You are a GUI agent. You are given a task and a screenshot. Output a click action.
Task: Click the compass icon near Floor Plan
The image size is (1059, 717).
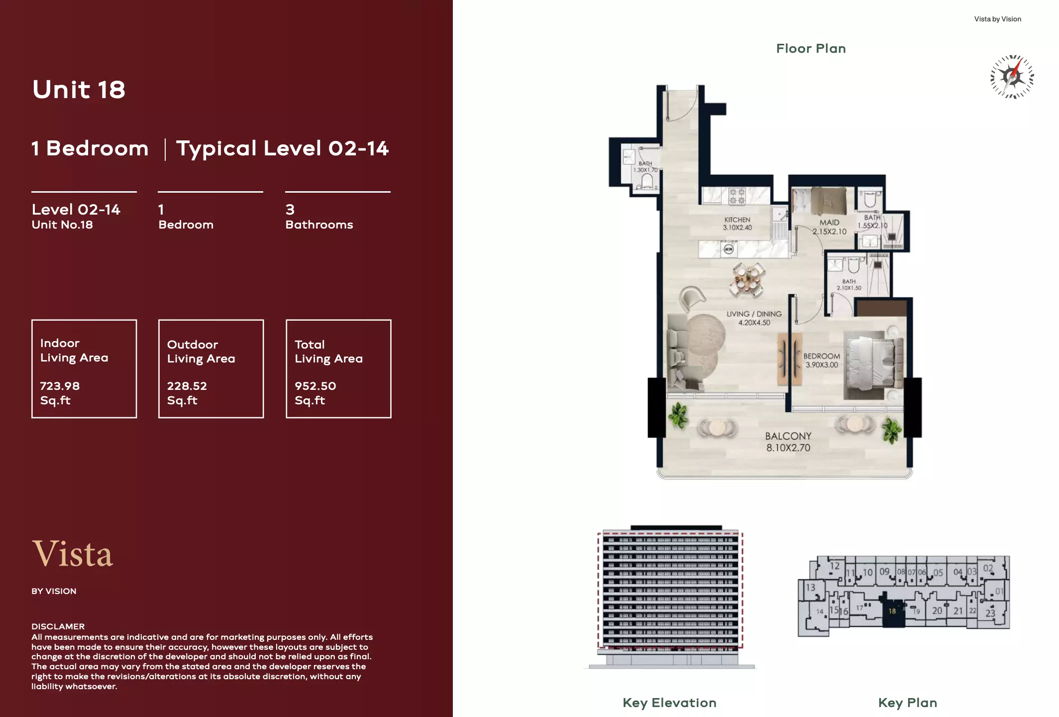click(x=1012, y=77)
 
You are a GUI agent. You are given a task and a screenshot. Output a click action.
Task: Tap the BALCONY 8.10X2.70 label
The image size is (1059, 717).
click(x=788, y=442)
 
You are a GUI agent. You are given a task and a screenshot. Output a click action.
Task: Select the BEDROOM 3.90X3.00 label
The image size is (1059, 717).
click(x=822, y=360)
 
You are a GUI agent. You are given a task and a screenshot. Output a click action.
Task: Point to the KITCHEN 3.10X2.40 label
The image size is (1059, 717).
click(x=737, y=224)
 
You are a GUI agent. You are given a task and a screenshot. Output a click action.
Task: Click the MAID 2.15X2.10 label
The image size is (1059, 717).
click(x=829, y=227)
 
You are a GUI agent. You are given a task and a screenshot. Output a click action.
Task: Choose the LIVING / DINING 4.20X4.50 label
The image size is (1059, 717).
click(x=754, y=318)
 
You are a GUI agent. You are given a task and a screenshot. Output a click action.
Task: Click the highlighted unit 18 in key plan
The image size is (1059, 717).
click(x=892, y=611)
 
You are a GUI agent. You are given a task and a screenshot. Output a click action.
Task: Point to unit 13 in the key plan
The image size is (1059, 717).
click(x=811, y=588)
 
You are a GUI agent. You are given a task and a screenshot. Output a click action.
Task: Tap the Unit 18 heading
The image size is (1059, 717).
click(x=79, y=90)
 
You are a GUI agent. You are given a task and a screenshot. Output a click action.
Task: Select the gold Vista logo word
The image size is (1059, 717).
click(x=73, y=554)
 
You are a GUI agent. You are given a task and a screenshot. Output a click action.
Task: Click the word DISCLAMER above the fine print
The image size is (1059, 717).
click(x=58, y=626)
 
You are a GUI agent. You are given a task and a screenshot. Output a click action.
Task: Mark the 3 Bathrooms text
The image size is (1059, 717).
click(x=319, y=217)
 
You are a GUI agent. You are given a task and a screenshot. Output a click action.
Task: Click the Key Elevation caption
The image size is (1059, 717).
click(x=669, y=703)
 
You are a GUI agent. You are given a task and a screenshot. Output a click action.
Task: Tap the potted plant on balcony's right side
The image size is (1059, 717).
click(x=891, y=430)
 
